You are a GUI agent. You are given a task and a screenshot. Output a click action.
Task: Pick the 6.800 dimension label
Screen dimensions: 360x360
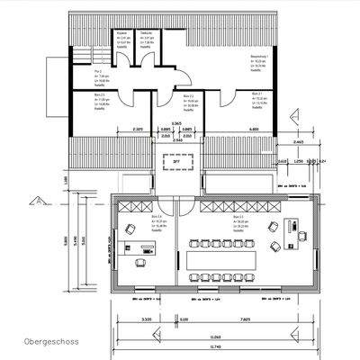pyautogui.click(x=256, y=130)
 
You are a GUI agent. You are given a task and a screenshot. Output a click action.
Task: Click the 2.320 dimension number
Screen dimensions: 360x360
pyautogui.click(x=137, y=130)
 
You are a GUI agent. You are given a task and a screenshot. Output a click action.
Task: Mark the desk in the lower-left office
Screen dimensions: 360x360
pyautogui.click(x=142, y=262)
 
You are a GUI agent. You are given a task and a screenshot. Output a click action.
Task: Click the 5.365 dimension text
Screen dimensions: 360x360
pyautogui.click(x=177, y=122)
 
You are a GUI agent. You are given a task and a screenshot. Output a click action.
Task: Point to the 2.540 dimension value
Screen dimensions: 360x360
pyautogui.click(x=177, y=141)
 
